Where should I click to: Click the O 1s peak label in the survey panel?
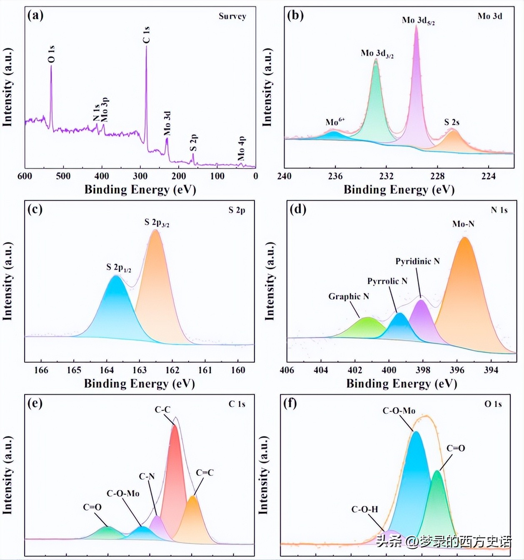[51, 54]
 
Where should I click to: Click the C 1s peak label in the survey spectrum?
[146, 35]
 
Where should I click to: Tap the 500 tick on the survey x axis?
[63, 176]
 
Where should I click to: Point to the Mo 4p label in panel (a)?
[241, 148]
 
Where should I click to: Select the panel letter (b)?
[295, 16]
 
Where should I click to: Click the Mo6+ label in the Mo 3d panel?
[335, 122]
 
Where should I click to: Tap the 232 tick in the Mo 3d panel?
[386, 176]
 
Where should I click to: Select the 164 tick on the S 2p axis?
[107, 370]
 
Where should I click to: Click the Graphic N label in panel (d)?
[349, 296]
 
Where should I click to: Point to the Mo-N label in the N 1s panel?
[463, 224]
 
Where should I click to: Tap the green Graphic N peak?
[367, 327]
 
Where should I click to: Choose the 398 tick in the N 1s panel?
[423, 370]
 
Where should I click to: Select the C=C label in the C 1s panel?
[205, 472]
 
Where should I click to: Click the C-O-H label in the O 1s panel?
[364, 509]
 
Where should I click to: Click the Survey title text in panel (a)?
[232, 16]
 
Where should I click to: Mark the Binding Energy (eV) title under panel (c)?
[139, 383]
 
